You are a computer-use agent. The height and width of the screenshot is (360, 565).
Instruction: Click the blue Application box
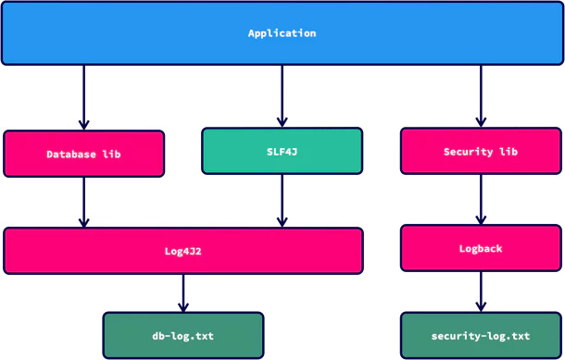(282, 33)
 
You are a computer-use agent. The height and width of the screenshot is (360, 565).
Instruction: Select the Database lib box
(83, 154)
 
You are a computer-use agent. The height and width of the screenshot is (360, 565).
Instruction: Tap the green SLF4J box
(282, 151)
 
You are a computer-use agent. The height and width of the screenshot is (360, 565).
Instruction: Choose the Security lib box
(481, 151)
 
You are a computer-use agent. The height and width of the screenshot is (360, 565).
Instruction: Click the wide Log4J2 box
(183, 251)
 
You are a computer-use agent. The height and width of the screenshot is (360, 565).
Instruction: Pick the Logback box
(481, 248)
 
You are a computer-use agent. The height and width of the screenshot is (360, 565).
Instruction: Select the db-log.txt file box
(183, 335)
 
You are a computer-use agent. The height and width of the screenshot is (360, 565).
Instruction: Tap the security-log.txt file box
(481, 335)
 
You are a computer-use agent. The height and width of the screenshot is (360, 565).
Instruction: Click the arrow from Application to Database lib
(83, 97)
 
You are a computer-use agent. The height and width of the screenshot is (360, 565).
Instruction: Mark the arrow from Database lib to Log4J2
(83, 202)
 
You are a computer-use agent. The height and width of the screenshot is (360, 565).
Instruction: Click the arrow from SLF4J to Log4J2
(282, 200)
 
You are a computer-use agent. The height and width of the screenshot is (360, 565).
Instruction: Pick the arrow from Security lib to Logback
(481, 200)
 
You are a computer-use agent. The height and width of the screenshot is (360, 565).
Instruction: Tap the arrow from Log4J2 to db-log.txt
(183, 293)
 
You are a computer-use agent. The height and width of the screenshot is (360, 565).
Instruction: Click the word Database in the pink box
(71, 155)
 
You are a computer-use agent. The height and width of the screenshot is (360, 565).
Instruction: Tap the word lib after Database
(110, 155)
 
